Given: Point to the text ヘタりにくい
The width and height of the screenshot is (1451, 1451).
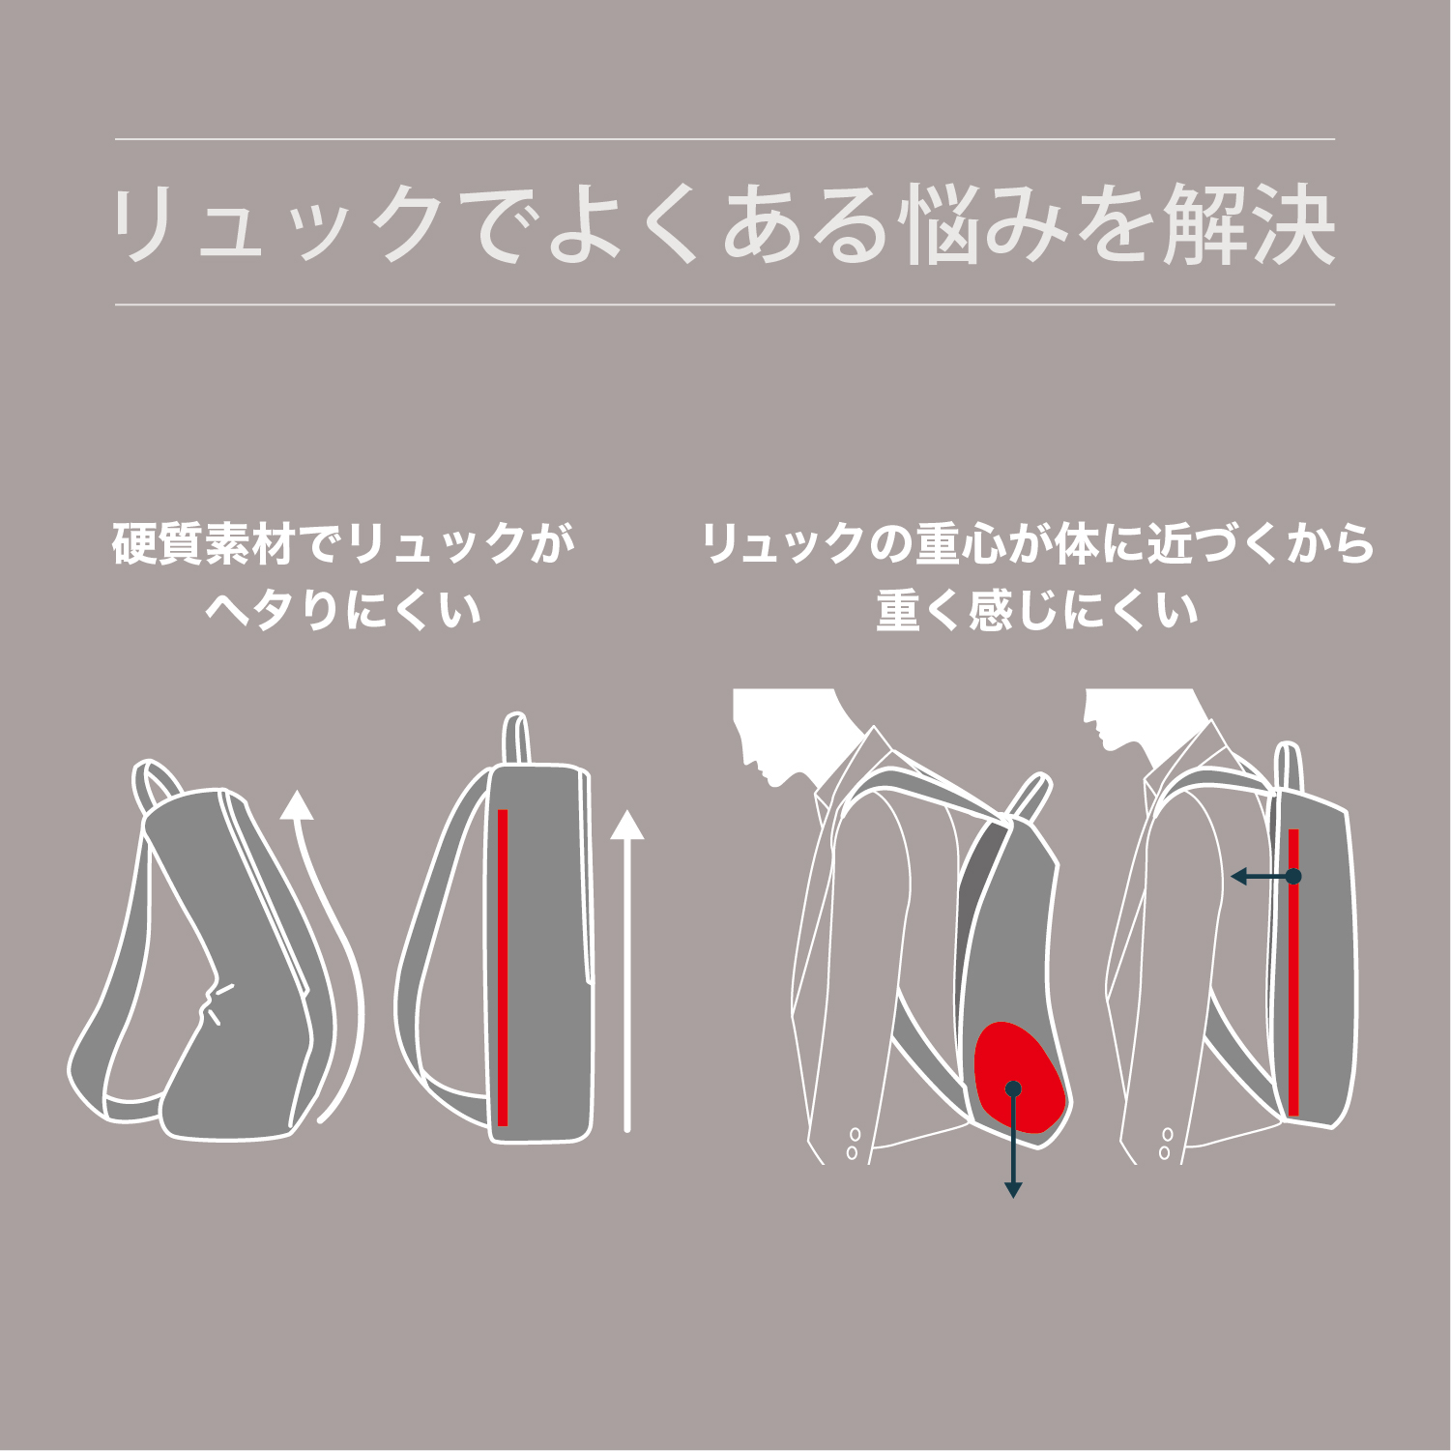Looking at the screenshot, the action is pos(343,611).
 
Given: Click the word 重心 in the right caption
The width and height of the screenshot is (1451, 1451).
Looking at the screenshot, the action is pos(957,543).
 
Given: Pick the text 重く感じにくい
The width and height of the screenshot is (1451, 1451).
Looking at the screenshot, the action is pos(1037,611).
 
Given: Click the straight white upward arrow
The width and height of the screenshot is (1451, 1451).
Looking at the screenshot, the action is pos(627,971).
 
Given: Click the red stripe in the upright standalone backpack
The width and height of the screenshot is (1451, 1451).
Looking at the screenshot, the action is pos(503,968).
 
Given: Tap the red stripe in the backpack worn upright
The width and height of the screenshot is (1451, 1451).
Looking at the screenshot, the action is pos(1293,972).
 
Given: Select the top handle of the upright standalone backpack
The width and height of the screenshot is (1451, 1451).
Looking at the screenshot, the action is pos(516,739).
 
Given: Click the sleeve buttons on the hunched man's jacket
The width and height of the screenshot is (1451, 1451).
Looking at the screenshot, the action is pos(853,1143).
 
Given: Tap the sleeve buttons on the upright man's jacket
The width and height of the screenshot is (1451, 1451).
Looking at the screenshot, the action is pos(1166,1143).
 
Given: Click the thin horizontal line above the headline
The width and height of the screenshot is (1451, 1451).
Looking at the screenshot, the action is pos(725,139).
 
